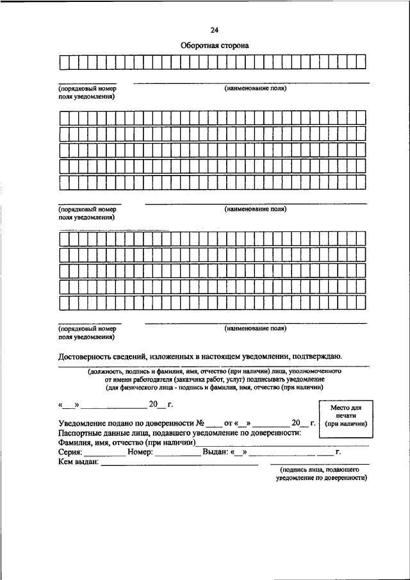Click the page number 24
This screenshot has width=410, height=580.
[x=213, y=29]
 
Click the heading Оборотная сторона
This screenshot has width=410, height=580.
[x=213, y=46]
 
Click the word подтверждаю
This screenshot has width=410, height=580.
[x=316, y=356]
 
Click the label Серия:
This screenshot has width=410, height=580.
[x=70, y=452]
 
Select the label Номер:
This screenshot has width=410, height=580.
[x=140, y=452]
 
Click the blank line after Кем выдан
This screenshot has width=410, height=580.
[x=179, y=463]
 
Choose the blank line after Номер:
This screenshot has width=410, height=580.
[x=177, y=454]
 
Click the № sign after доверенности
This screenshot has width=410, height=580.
[x=200, y=424]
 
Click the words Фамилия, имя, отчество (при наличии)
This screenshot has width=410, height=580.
[x=126, y=443]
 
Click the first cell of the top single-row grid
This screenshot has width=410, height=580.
[x=64, y=62]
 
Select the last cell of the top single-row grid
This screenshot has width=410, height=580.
[x=361, y=62]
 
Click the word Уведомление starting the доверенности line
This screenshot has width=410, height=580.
[x=85, y=424]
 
